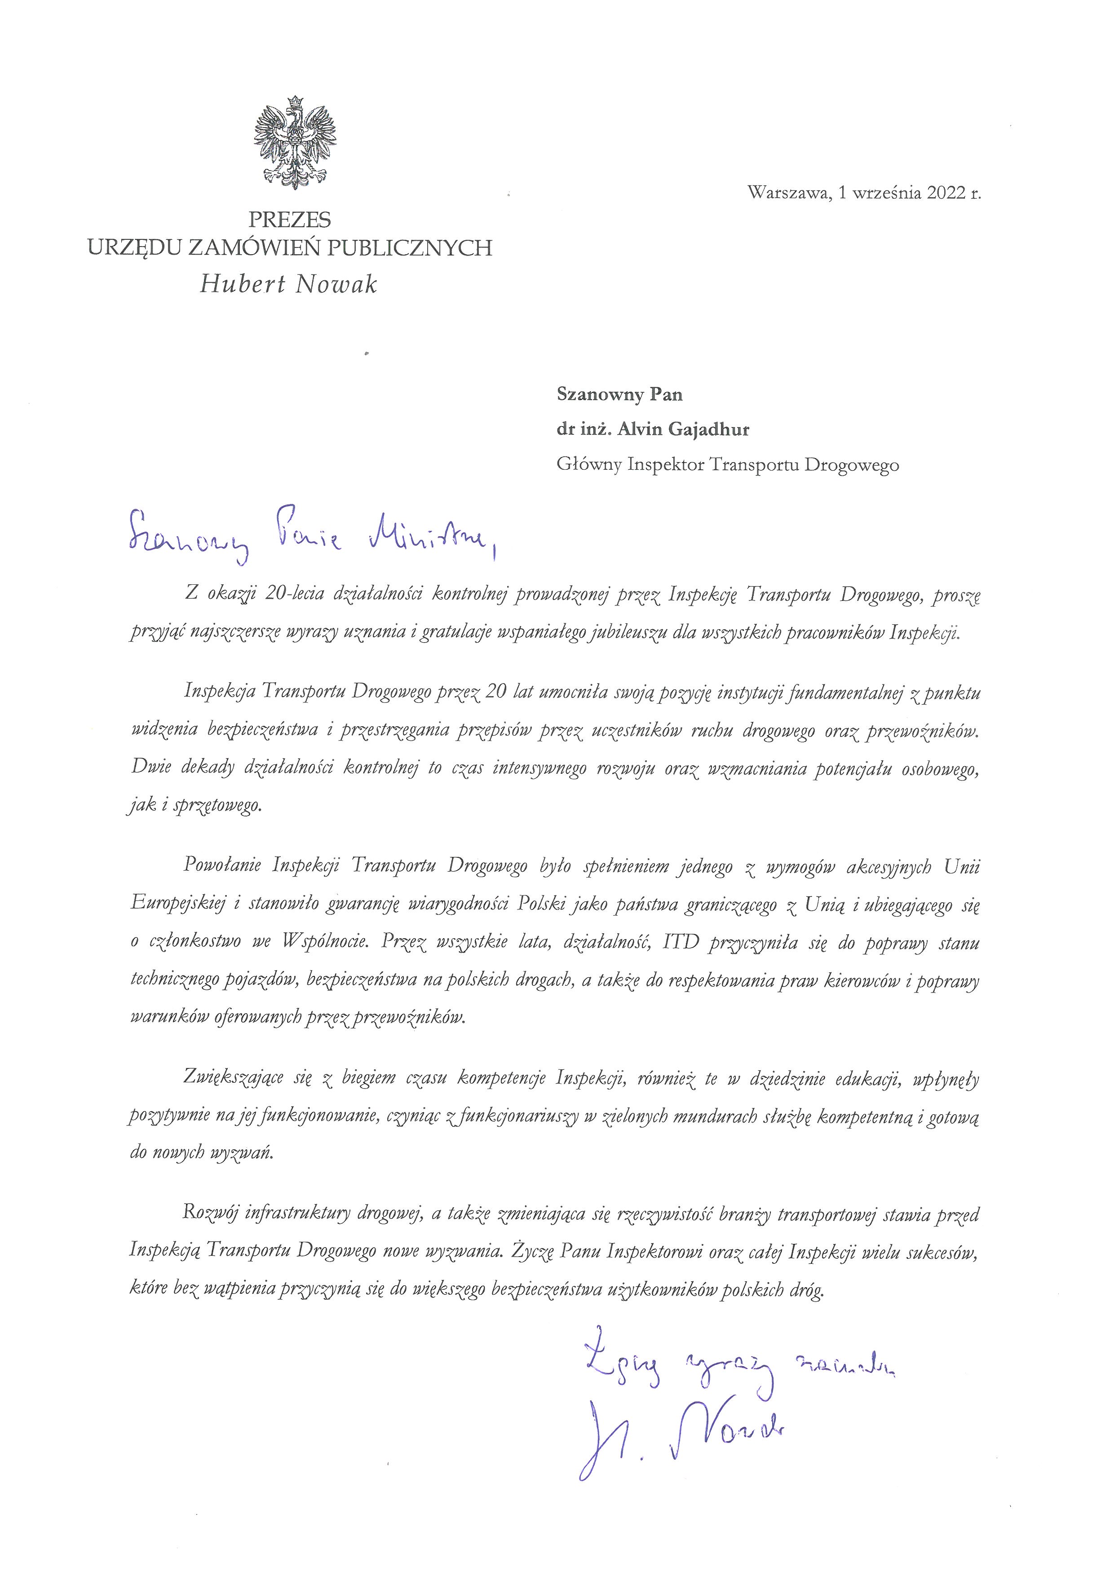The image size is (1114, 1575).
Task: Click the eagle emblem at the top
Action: (x=295, y=143)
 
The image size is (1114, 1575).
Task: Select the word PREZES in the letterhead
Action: (x=289, y=220)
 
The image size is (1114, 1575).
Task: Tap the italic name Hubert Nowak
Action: (x=289, y=284)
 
